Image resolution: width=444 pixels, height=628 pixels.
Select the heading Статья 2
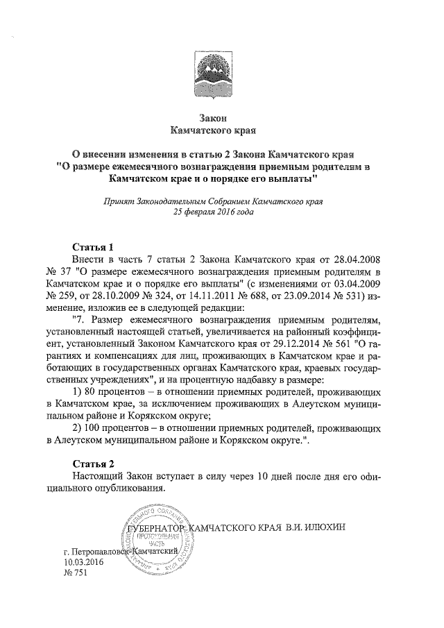pyautogui.click(x=93, y=463)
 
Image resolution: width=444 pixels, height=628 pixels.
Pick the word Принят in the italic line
pyautogui.click(x=116, y=201)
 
